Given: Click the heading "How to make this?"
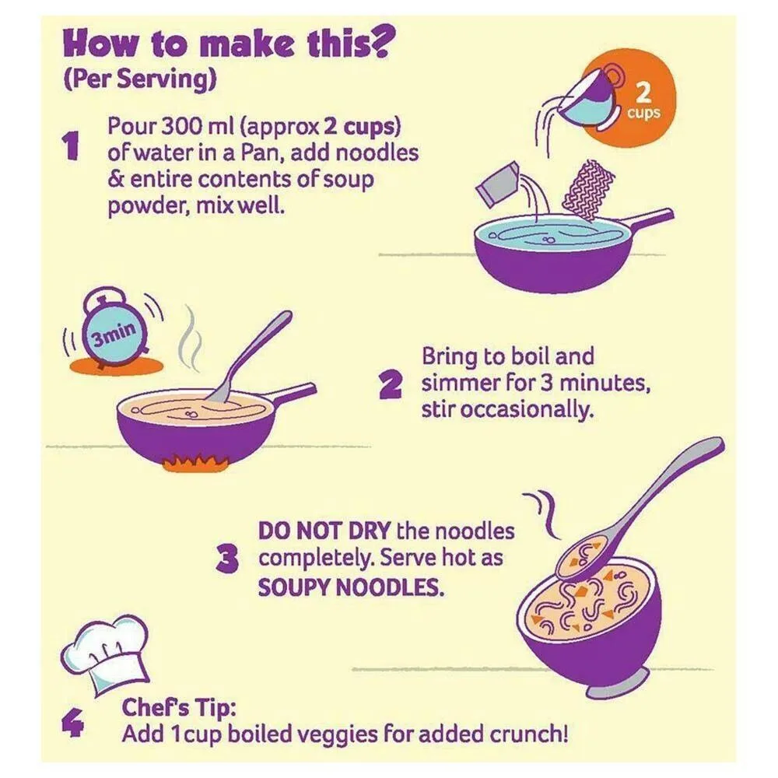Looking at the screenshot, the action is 226,44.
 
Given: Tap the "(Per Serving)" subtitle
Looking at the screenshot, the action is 140,79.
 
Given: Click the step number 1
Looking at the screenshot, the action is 71,146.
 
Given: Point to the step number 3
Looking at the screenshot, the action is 228,559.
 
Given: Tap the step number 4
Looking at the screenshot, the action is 72,723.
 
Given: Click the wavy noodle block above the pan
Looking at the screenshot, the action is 587,190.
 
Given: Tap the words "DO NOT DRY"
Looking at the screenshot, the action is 324,531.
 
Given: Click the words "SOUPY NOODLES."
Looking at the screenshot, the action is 351,588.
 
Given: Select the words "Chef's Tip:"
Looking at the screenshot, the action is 179,708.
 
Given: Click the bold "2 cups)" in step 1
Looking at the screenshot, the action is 363,128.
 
